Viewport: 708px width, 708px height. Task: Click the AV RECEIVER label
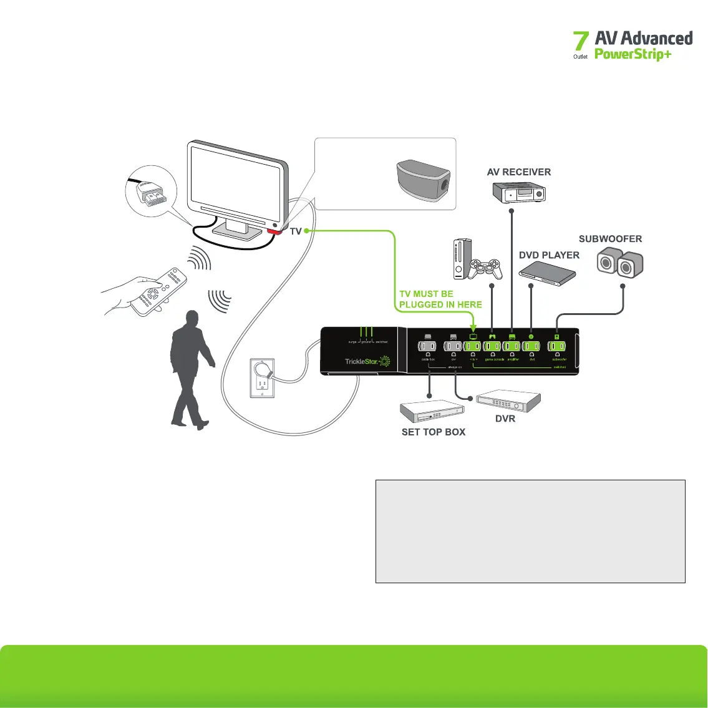click(x=519, y=172)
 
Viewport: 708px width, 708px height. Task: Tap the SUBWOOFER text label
click(x=610, y=239)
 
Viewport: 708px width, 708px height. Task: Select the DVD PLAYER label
click(x=549, y=255)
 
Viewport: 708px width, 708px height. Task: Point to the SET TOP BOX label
click(x=434, y=432)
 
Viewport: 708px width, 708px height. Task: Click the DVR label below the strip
click(x=505, y=419)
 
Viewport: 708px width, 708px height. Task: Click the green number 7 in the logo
click(x=581, y=42)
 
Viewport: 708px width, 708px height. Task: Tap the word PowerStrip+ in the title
click(x=633, y=54)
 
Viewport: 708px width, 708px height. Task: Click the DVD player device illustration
click(x=547, y=271)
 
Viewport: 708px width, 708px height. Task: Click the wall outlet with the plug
click(x=263, y=377)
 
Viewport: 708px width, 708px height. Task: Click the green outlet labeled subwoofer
click(x=557, y=347)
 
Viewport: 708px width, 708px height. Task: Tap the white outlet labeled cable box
click(x=428, y=347)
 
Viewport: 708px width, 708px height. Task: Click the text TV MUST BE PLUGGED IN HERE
click(x=440, y=299)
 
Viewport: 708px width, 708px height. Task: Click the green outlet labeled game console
click(x=492, y=347)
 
